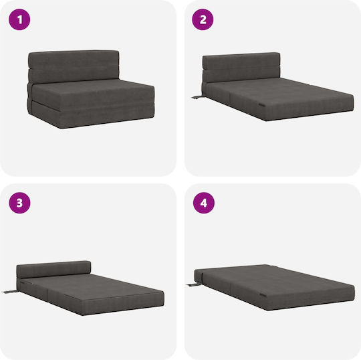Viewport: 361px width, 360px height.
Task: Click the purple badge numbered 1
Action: [19, 19]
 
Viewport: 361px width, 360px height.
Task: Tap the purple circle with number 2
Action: [203, 19]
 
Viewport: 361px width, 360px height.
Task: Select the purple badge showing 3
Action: [19, 203]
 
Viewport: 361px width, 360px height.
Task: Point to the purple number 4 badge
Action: [204, 203]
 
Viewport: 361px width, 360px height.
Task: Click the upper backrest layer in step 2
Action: [241, 61]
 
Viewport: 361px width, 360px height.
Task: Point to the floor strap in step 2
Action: [197, 97]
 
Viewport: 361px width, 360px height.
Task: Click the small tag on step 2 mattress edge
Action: [262, 104]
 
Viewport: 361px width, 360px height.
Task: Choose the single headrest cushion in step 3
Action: [53, 269]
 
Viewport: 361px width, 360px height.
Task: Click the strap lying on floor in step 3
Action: [9, 292]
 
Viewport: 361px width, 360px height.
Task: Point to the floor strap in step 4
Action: [192, 285]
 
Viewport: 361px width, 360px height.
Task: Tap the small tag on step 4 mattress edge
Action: [263, 295]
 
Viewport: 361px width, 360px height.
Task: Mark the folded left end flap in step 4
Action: [199, 276]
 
